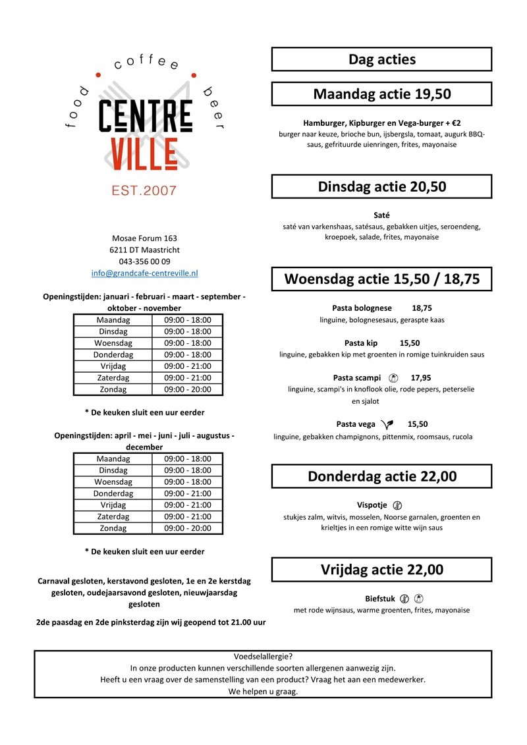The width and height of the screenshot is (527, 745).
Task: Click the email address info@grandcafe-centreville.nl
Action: click(144, 273)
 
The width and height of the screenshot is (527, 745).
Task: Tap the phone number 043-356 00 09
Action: click(144, 262)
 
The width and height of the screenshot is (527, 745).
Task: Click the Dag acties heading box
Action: click(381, 59)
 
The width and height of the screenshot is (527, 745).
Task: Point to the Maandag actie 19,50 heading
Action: click(381, 94)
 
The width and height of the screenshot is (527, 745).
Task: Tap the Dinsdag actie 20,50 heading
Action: click(381, 186)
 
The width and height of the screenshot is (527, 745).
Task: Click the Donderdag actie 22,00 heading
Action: click(381, 476)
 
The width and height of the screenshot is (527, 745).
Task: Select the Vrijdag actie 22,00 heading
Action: click(381, 570)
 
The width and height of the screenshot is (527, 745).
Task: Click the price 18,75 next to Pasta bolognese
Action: click(422, 308)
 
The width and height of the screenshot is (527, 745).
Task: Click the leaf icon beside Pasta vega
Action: click(387, 424)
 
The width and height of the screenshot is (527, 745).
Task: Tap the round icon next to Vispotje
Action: click(397, 505)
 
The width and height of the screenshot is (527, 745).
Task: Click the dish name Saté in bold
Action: click(381, 215)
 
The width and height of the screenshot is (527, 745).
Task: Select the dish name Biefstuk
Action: click(379, 599)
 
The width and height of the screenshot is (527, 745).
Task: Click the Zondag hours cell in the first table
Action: click(188, 389)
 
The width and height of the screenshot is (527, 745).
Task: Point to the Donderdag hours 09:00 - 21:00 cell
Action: click(188, 493)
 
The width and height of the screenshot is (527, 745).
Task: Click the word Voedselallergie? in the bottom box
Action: click(263, 656)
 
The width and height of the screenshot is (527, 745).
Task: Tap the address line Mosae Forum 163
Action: click(144, 238)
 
